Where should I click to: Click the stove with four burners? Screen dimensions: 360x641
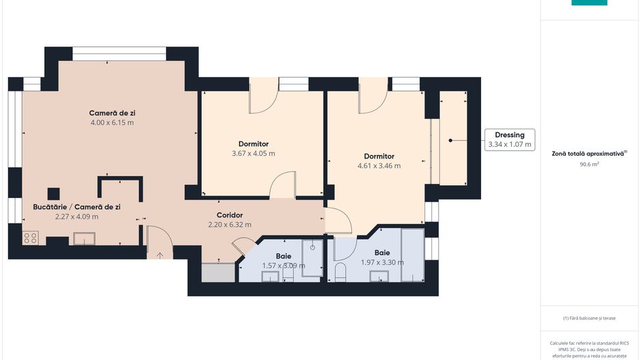pos(31,238)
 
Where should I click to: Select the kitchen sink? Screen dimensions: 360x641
pos(85,238)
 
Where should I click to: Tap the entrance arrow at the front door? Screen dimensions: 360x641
pos(161,255)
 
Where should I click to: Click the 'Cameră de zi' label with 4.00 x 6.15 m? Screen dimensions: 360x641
pos(111,113)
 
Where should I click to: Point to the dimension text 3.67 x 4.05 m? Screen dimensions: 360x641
pos(253,154)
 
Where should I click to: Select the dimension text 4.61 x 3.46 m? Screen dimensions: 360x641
pos(379,165)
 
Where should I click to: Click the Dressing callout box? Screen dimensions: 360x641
pos(509,140)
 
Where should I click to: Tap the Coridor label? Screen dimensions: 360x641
pos(230,215)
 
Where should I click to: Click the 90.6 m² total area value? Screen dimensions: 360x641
pos(589,164)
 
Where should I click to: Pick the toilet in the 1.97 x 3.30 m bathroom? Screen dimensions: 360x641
pos(340,273)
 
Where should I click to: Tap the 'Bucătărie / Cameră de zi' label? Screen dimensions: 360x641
pos(76,206)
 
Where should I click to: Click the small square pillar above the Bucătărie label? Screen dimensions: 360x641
pos(53,193)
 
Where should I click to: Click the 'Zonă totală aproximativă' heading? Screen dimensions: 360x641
pos(589,154)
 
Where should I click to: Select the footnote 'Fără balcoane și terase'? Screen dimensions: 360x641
pos(589,318)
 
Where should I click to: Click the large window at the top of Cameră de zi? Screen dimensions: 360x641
pos(120,53)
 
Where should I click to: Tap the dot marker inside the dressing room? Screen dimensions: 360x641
pos(450,140)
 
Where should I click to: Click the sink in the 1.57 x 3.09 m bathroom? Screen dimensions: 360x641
pos(271,276)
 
